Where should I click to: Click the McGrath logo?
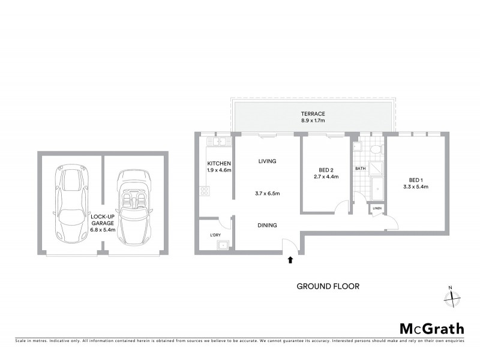pos(432,328)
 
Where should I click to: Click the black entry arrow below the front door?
pos(290,260)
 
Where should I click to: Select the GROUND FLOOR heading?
pos(328,286)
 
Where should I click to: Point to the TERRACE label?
pos(313,113)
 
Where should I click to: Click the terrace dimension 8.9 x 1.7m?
pos(313,121)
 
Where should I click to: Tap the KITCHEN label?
pos(219,163)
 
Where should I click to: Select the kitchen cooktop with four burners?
pos(205,192)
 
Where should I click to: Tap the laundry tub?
pos(223,244)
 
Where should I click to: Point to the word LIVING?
pos(267,161)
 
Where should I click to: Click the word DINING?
pos(267,225)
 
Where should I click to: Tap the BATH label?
pos(360,169)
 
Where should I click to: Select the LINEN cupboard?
pos(377,208)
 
